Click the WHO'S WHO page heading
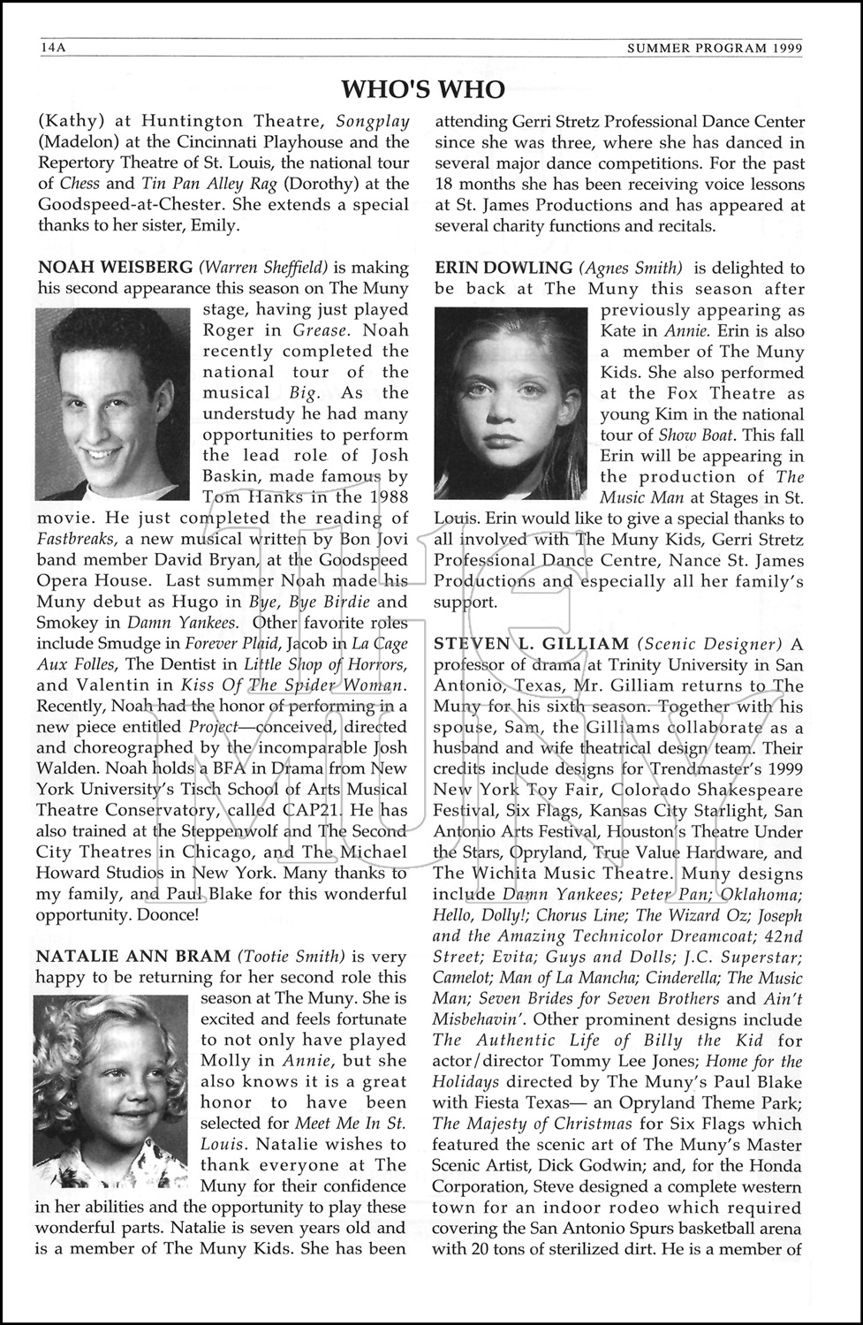423,89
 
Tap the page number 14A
53,49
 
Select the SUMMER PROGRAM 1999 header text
715,49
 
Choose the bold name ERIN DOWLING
503,268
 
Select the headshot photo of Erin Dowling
511,403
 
